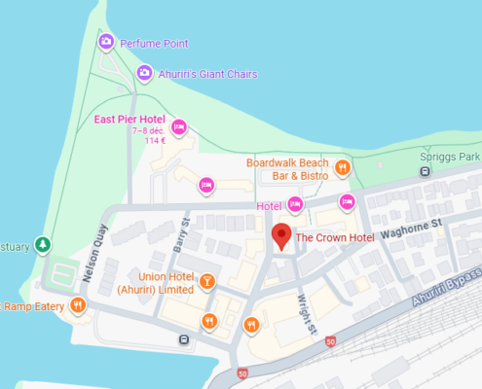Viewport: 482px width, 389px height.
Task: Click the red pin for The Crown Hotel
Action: (281, 236)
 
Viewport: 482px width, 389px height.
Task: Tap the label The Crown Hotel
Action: (334, 237)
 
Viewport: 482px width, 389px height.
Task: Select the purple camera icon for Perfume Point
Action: (106, 41)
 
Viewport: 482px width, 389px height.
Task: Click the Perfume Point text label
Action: (154, 43)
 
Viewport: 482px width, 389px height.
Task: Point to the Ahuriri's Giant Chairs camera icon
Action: (143, 71)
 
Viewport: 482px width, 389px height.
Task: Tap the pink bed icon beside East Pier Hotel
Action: (178, 127)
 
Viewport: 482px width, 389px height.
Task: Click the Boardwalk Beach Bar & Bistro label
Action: (287, 169)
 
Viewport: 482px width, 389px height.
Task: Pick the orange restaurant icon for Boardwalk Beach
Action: (342, 168)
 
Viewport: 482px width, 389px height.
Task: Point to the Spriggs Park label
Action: (457, 156)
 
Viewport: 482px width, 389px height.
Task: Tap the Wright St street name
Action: (307, 310)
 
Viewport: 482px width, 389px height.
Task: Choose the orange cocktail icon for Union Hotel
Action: (206, 282)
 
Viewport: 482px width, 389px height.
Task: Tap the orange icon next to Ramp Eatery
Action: (78, 305)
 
